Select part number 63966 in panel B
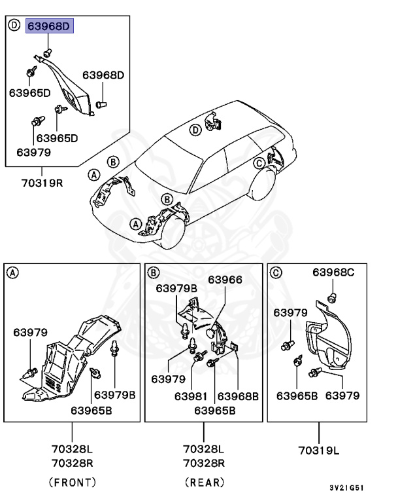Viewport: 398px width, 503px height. (x=225, y=280)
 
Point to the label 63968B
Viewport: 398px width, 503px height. (x=238, y=396)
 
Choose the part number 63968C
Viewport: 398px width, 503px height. (x=333, y=272)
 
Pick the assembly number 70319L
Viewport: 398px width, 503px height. (x=320, y=451)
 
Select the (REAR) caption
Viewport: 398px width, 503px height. (x=203, y=482)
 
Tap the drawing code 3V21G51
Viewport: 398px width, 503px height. (x=347, y=489)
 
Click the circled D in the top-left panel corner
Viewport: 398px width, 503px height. (x=14, y=26)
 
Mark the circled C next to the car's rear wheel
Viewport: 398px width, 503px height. (x=259, y=163)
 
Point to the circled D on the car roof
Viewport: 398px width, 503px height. (x=195, y=130)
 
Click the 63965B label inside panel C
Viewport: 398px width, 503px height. (x=297, y=396)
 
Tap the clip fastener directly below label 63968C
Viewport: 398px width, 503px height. (x=331, y=299)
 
